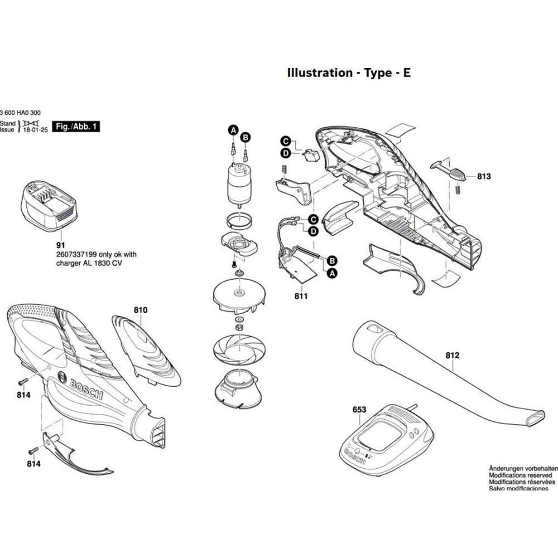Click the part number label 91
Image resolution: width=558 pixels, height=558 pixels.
click(60, 245)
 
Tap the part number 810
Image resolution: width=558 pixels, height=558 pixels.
click(140, 310)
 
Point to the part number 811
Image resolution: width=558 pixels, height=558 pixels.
click(301, 296)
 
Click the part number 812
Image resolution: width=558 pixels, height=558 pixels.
click(452, 354)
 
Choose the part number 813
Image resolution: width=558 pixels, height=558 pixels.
click(484, 177)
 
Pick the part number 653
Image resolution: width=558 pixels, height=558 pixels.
click(359, 410)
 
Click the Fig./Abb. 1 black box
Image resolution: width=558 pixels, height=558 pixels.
click(76, 127)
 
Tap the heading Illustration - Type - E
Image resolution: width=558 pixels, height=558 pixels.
click(349, 73)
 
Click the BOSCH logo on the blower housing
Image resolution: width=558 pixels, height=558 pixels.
click(86, 388)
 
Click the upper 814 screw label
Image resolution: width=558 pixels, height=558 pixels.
click(23, 395)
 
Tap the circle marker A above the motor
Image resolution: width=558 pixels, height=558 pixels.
click(232, 131)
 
